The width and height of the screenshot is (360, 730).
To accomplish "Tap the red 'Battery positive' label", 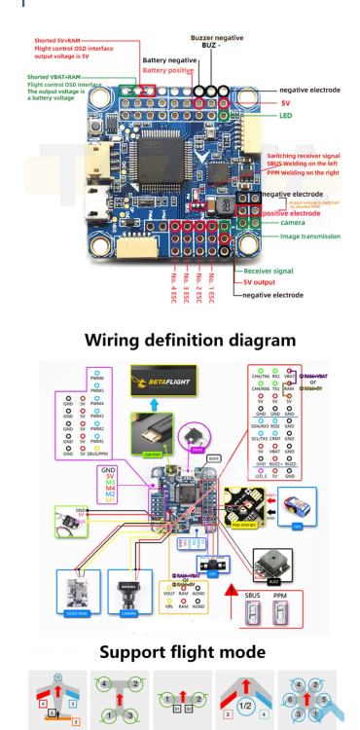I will (x=168, y=70).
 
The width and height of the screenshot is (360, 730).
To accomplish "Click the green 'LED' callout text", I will (x=286, y=116).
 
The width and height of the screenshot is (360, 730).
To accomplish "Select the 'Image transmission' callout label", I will (x=310, y=236).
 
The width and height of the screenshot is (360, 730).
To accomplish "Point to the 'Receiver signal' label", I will (x=270, y=272).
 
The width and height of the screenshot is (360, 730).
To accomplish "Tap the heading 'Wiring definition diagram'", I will (x=190, y=340).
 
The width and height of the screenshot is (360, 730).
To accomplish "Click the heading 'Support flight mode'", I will (x=181, y=649).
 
